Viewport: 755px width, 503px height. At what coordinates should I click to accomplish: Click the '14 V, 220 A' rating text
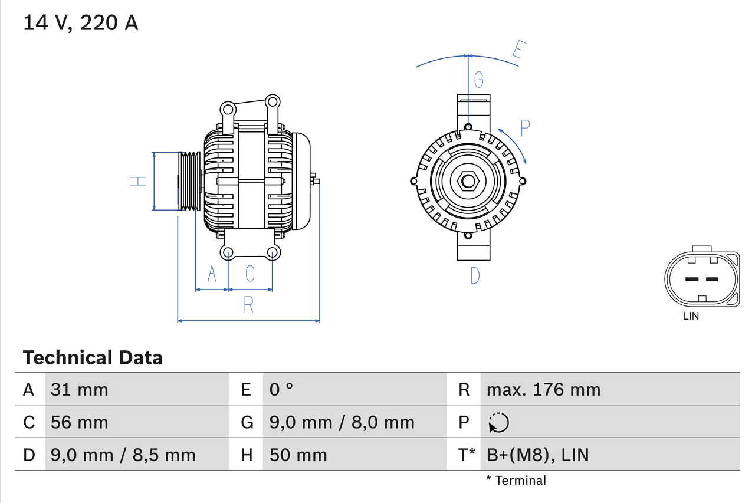coord(80,22)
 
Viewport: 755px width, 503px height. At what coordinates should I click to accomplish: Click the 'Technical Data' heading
coord(93,357)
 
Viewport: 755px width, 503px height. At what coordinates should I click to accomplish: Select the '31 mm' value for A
coord(79,389)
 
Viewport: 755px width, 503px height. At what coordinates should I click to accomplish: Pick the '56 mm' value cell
coord(79,422)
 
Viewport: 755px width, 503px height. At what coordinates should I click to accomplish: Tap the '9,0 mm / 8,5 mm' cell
coord(123,455)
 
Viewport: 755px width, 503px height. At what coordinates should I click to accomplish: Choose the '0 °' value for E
coord(281,389)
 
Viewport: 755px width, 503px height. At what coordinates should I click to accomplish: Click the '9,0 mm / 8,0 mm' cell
coord(342,422)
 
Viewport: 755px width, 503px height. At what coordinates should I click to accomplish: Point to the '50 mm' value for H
coord(298,455)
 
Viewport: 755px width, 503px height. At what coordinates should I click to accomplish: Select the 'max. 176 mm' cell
coord(543,389)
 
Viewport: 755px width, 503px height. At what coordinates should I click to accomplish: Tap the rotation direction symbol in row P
coord(498,422)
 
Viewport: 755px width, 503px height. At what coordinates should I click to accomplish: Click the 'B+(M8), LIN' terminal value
coord(537,455)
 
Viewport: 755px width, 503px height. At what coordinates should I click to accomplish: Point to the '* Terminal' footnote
coord(516,481)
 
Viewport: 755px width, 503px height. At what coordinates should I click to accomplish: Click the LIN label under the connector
coord(691,316)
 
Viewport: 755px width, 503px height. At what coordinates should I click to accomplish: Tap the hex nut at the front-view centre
coord(468,181)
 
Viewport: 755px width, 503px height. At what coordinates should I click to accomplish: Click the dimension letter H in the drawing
coord(138,181)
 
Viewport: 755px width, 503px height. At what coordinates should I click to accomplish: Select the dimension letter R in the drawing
coord(248,305)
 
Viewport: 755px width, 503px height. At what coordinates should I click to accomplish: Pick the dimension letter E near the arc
coord(517,51)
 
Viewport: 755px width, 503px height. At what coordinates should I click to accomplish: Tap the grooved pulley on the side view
coord(189,181)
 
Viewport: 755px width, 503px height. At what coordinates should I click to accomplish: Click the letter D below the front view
coord(475,275)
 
